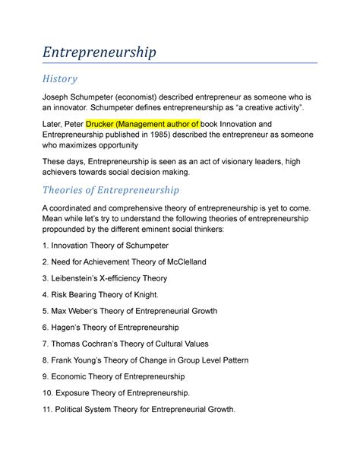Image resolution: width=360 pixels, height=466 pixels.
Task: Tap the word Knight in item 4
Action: (146, 295)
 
